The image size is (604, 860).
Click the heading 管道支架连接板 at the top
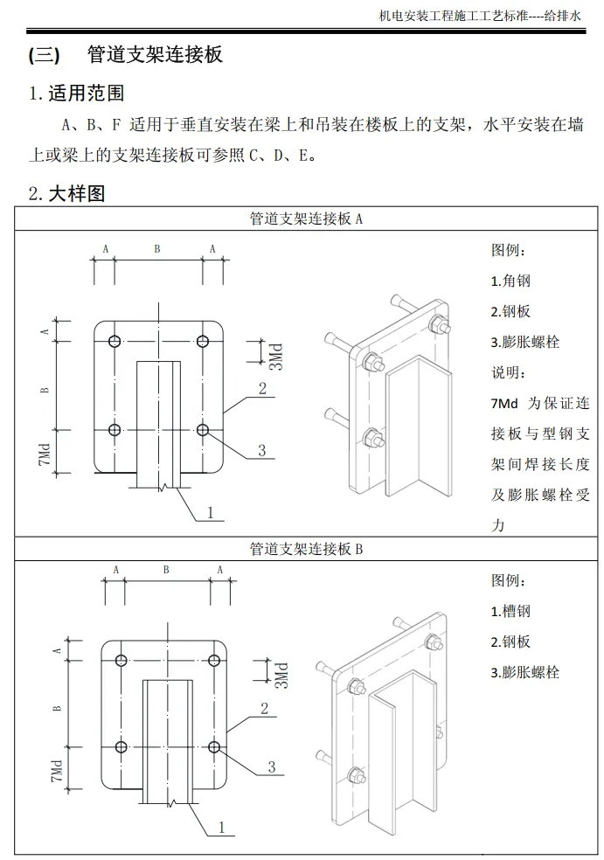[156, 54]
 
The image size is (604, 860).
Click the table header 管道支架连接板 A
[305, 218]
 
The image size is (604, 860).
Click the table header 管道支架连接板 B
[305, 549]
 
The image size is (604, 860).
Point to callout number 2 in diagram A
[261, 389]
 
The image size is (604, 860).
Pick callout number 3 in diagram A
[261, 450]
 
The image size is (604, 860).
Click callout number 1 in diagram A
[210, 512]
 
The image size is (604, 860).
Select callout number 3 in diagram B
[272, 766]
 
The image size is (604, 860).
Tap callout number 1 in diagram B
[221, 826]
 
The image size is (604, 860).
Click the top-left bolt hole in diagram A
[115, 341]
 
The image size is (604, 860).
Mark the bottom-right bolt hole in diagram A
[203, 429]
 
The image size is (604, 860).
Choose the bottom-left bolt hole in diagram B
[121, 747]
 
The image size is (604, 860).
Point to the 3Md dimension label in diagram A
[274, 354]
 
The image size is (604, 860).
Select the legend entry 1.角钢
[510, 281]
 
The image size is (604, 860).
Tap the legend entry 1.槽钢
[510, 612]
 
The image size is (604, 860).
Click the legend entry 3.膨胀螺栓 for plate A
[524, 342]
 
